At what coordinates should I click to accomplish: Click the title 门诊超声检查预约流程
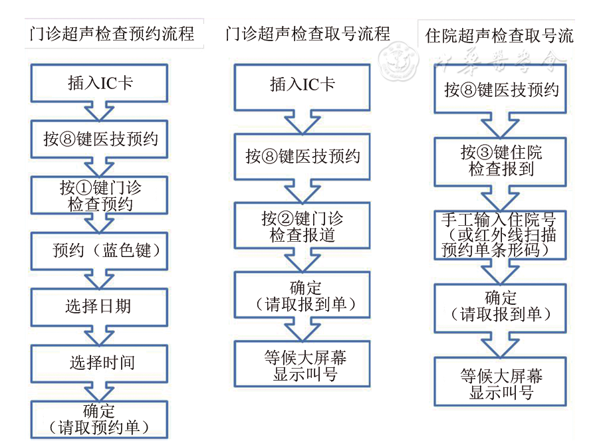[112, 33]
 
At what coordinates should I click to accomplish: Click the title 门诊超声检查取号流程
[307, 33]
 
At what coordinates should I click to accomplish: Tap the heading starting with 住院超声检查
[499, 35]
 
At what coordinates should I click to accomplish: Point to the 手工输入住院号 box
[500, 234]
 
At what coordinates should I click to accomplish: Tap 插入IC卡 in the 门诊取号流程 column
[302, 84]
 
